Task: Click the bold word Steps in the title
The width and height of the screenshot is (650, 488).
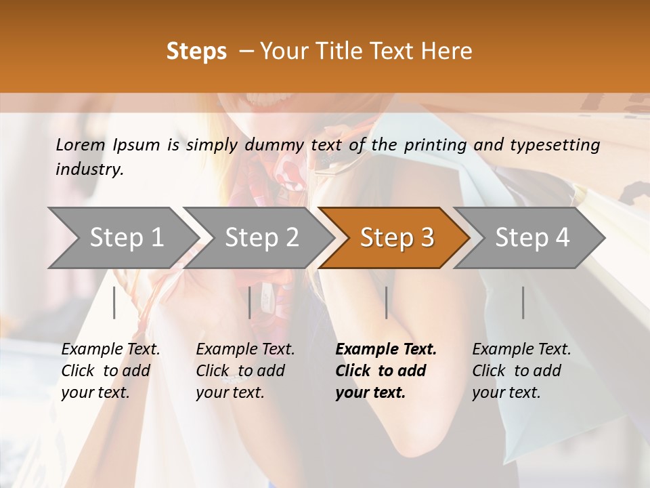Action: (196, 52)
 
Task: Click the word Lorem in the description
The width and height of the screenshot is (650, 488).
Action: (81, 144)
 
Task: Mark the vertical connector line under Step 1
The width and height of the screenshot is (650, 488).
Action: (114, 302)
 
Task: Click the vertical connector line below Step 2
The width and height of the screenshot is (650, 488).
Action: (250, 302)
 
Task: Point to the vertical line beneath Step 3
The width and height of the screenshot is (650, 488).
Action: (387, 302)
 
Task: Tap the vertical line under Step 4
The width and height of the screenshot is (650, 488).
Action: (523, 302)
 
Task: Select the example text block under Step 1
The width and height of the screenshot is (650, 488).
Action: (110, 371)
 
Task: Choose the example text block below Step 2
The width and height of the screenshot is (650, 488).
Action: (245, 371)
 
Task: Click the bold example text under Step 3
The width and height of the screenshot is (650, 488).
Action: (386, 371)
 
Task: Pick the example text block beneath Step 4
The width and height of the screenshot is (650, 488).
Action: (521, 371)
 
